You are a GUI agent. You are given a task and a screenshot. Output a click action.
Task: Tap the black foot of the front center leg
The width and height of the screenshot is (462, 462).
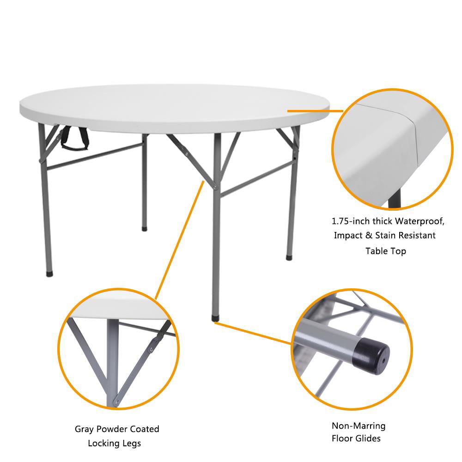click(x=215, y=318)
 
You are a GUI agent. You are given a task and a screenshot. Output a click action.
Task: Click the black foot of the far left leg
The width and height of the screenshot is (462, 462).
click(x=49, y=274)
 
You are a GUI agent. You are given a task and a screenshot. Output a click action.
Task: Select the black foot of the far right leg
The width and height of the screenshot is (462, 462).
click(x=289, y=257)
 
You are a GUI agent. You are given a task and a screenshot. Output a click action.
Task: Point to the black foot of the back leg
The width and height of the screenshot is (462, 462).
click(x=145, y=228)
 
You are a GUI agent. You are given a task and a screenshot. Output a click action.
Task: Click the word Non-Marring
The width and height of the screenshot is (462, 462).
click(x=359, y=426)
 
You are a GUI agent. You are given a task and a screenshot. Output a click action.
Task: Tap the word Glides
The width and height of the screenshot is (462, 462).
click(x=370, y=438)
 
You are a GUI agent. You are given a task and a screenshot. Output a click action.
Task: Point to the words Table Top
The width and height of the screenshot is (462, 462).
click(x=386, y=251)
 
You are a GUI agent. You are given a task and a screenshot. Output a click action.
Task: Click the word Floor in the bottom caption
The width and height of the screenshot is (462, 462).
click(x=343, y=438)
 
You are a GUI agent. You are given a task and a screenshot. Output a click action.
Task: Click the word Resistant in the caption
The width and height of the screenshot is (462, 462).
click(x=418, y=236)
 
